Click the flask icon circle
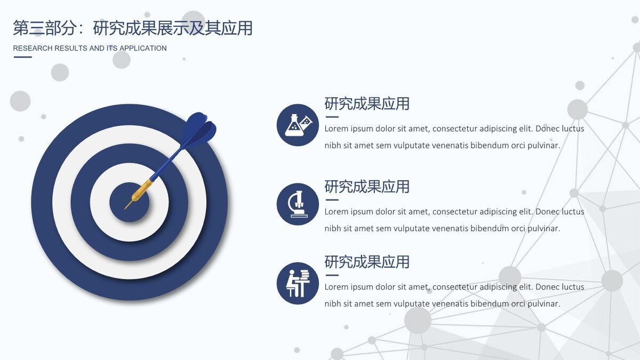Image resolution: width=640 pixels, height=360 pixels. point(298,125)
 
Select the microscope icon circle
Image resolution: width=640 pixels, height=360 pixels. point(298,204)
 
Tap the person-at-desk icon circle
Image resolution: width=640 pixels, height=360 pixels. point(298,283)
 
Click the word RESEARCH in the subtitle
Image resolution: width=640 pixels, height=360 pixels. point(33,48)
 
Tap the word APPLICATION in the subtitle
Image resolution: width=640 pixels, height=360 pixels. point(143,48)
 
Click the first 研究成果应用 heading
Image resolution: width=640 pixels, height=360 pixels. point(367,103)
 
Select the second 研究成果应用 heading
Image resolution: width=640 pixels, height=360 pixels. point(367,187)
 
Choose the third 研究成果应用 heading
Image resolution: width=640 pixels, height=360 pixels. point(367,262)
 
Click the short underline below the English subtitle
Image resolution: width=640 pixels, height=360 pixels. point(22,57)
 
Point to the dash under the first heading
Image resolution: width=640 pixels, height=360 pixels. point(332,117)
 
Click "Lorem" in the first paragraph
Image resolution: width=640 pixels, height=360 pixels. point(336,129)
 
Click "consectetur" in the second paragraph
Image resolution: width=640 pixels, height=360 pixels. point(454,212)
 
